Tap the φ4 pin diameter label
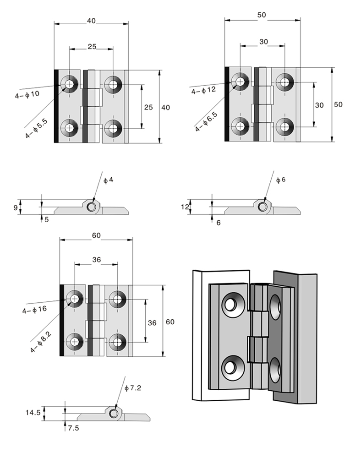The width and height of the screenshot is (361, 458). point(109,180)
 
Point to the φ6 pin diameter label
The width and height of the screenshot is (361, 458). point(280,180)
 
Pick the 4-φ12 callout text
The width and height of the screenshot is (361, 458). point(203,90)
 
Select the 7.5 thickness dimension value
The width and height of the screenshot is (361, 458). point(73,428)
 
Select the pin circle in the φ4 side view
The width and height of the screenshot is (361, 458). point(92,207)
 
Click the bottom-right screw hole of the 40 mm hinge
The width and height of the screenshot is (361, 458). point(113,127)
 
